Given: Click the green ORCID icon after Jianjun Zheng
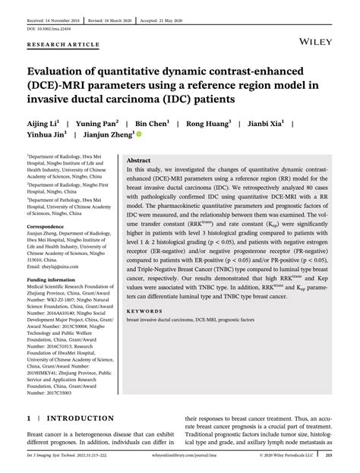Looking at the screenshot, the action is tap(138, 134).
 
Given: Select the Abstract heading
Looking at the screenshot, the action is tap(138, 161).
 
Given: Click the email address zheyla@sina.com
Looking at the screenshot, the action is tap(60, 267).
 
